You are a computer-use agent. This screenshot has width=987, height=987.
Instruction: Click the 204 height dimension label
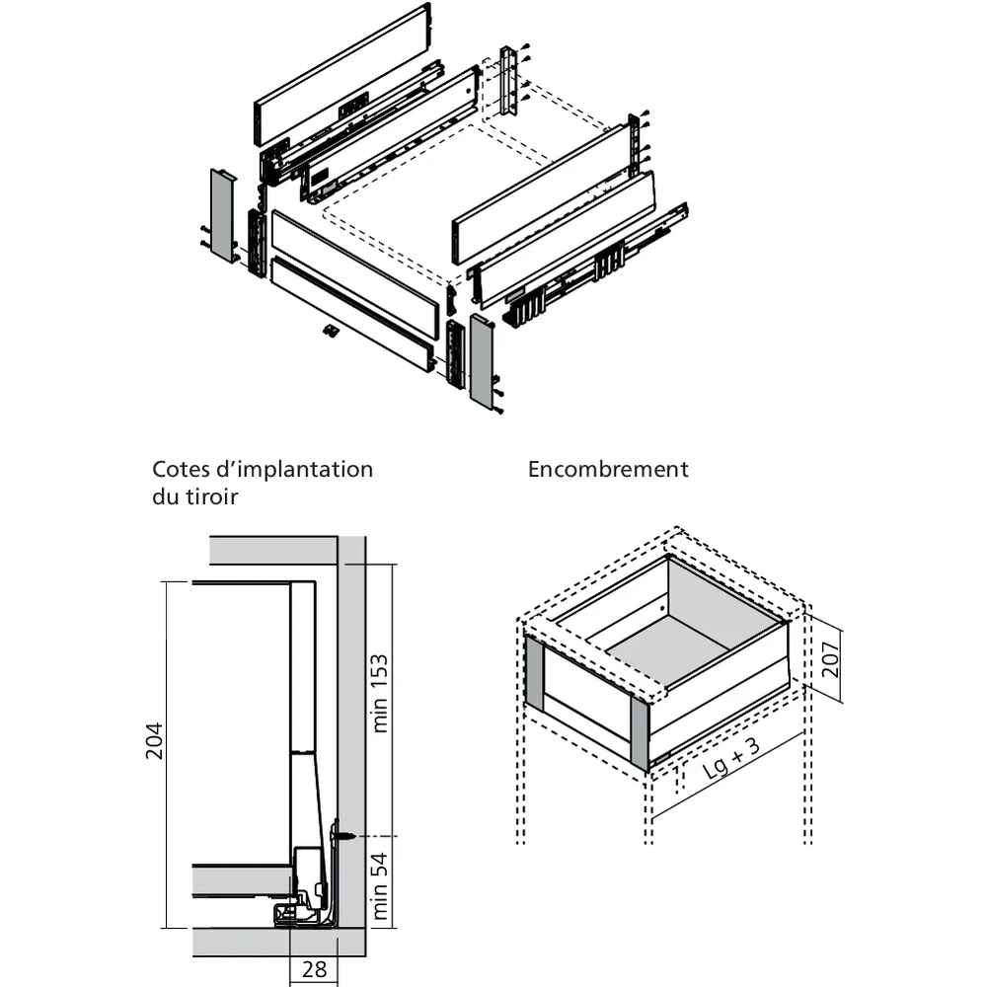[153, 755]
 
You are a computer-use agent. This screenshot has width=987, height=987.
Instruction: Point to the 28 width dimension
[314, 969]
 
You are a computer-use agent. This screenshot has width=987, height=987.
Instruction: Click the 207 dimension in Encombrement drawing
[830, 653]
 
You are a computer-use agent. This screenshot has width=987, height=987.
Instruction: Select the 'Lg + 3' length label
[731, 761]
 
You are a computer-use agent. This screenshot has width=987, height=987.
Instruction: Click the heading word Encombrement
[608, 469]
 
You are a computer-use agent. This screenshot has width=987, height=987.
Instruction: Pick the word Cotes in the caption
[183, 469]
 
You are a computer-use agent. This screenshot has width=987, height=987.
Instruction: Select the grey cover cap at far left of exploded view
[222, 215]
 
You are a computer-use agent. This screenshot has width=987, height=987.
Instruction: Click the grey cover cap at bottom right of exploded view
[482, 361]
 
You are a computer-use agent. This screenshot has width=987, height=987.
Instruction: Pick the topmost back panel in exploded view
[342, 74]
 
